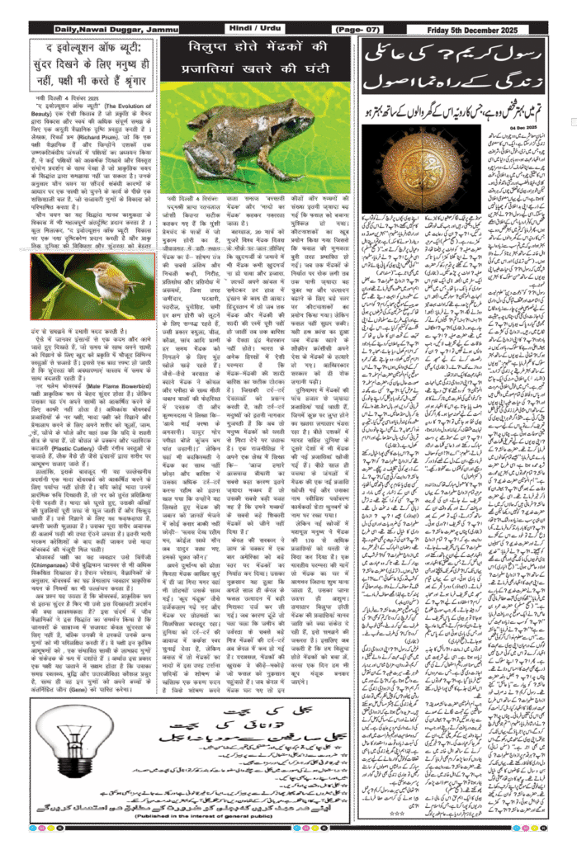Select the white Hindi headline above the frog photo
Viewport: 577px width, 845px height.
click(256, 59)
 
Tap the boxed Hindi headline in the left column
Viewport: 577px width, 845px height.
click(91, 59)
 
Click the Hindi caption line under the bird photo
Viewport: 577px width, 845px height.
click(91, 329)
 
